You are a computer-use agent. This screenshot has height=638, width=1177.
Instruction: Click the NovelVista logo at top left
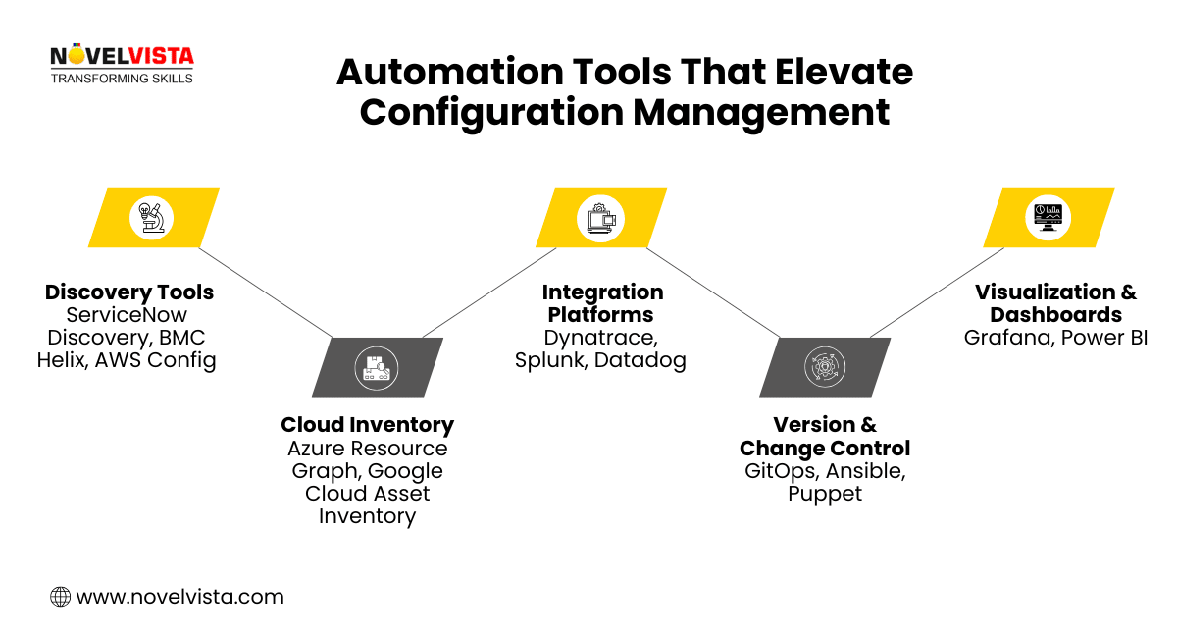[122, 65]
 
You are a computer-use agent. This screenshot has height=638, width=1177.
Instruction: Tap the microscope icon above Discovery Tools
[152, 217]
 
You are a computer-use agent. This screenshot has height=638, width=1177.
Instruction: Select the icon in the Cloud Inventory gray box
[377, 367]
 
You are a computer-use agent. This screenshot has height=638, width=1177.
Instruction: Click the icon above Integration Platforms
[600, 217]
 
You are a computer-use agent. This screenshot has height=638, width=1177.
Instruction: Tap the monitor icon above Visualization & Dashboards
[1048, 217]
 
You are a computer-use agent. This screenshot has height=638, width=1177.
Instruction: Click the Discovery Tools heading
[129, 292]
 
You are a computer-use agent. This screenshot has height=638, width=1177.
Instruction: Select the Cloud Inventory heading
[367, 425]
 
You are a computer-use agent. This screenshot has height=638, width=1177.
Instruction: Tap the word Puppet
[825, 493]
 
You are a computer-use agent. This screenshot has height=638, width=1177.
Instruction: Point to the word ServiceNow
[127, 315]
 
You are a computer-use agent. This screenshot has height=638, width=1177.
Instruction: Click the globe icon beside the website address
[60, 596]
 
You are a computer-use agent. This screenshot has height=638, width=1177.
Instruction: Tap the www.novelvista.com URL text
[179, 596]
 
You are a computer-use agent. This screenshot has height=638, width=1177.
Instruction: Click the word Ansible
[865, 470]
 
